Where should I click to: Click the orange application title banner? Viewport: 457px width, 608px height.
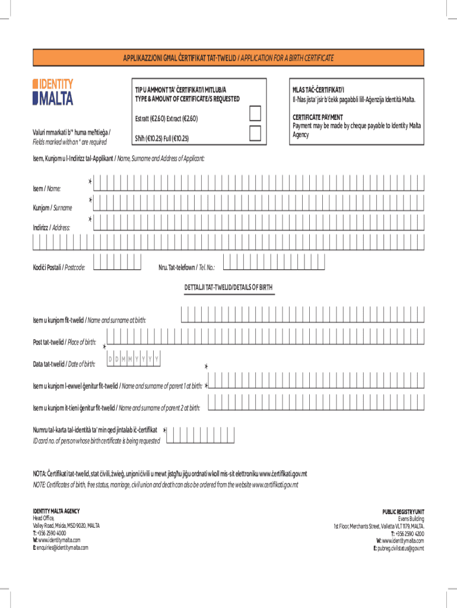(228, 58)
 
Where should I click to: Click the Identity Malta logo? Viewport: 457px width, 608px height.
(53, 92)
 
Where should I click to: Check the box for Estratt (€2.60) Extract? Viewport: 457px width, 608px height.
(255, 113)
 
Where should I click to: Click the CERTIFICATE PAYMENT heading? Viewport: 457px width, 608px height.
(317, 118)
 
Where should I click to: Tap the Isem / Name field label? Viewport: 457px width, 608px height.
(47, 188)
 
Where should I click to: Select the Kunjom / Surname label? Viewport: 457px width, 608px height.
(52, 208)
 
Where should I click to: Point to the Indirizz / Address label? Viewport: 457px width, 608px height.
(51, 227)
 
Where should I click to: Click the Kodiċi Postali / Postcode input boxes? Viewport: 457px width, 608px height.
(118, 262)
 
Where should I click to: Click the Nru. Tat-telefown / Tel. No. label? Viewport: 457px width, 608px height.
(186, 267)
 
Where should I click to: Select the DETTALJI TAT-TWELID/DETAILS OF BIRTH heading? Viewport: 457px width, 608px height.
(228, 287)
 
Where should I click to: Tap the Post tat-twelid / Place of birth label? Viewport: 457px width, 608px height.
(64, 342)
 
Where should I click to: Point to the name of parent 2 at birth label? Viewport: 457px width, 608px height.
(116, 408)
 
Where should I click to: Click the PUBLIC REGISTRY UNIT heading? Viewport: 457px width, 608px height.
(403, 512)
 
